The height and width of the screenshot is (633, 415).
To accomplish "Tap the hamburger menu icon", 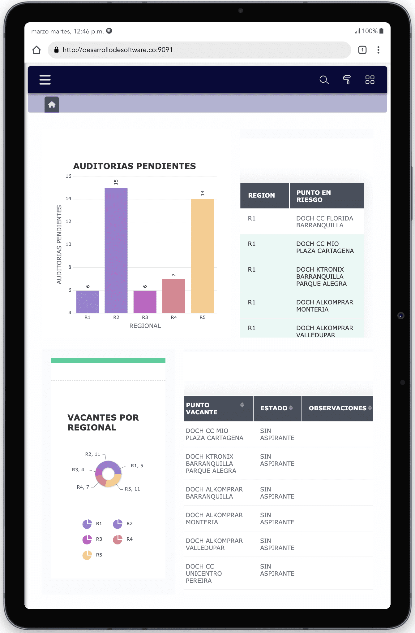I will click(x=45, y=80).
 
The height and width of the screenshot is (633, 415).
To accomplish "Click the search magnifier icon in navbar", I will click(x=324, y=80).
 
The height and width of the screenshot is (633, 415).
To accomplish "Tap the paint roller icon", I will click(x=347, y=80).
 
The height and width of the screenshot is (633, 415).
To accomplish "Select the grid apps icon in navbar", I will click(x=370, y=80).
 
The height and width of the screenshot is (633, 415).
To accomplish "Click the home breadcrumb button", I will click(x=52, y=105).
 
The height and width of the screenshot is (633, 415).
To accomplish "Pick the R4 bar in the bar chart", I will click(x=174, y=296).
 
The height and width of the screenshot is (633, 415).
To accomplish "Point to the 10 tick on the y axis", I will click(x=68, y=244).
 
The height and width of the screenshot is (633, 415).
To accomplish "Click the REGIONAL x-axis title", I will click(x=145, y=326).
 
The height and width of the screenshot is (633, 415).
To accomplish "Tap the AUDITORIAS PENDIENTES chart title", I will click(x=135, y=166).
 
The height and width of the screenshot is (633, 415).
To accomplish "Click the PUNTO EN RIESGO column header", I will click(x=314, y=196).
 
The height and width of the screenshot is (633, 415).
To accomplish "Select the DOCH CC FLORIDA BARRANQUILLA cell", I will click(x=324, y=222).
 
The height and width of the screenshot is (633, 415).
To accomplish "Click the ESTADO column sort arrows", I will click(x=291, y=408).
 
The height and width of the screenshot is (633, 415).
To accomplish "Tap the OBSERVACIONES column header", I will click(x=337, y=408).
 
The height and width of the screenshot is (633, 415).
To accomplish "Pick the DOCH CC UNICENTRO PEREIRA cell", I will click(x=204, y=574).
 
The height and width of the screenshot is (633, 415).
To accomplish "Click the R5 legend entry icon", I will click(x=87, y=555).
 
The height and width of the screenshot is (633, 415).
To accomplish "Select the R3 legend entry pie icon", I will click(x=87, y=539).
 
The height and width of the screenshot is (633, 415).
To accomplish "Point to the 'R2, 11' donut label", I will click(x=93, y=454).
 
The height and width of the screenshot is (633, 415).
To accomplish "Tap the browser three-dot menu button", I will click(x=378, y=50).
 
